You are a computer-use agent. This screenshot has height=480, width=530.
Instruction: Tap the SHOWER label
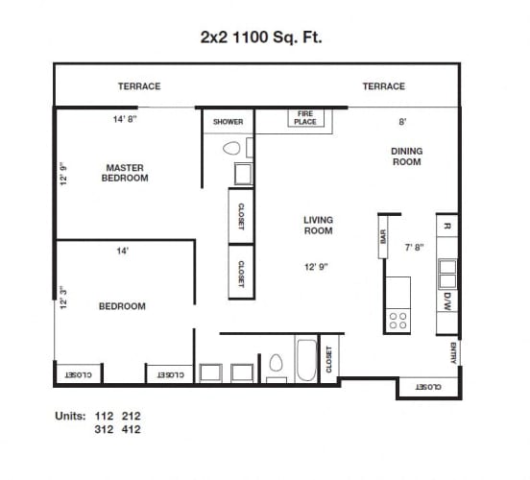coord(228,122)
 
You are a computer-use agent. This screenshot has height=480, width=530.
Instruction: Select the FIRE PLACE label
coord(305,118)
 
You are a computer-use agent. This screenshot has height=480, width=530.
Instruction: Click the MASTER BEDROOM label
coord(125,173)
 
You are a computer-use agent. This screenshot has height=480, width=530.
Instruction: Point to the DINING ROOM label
coord(406,156)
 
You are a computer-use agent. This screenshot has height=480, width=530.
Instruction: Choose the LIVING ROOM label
coord(318,226)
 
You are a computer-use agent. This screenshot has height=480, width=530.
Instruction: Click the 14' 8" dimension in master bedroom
coord(127,121)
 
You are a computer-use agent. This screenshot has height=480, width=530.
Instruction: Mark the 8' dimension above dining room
coord(403,122)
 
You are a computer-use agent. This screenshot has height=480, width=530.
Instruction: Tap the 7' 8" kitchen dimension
coord(414,247)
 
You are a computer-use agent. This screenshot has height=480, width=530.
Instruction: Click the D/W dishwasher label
coord(447,300)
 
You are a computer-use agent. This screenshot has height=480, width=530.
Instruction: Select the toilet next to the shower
coord(230,149)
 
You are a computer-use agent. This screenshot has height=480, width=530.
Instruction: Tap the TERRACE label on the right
coord(383,86)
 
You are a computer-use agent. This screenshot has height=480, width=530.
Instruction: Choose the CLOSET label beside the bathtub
coord(329,359)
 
